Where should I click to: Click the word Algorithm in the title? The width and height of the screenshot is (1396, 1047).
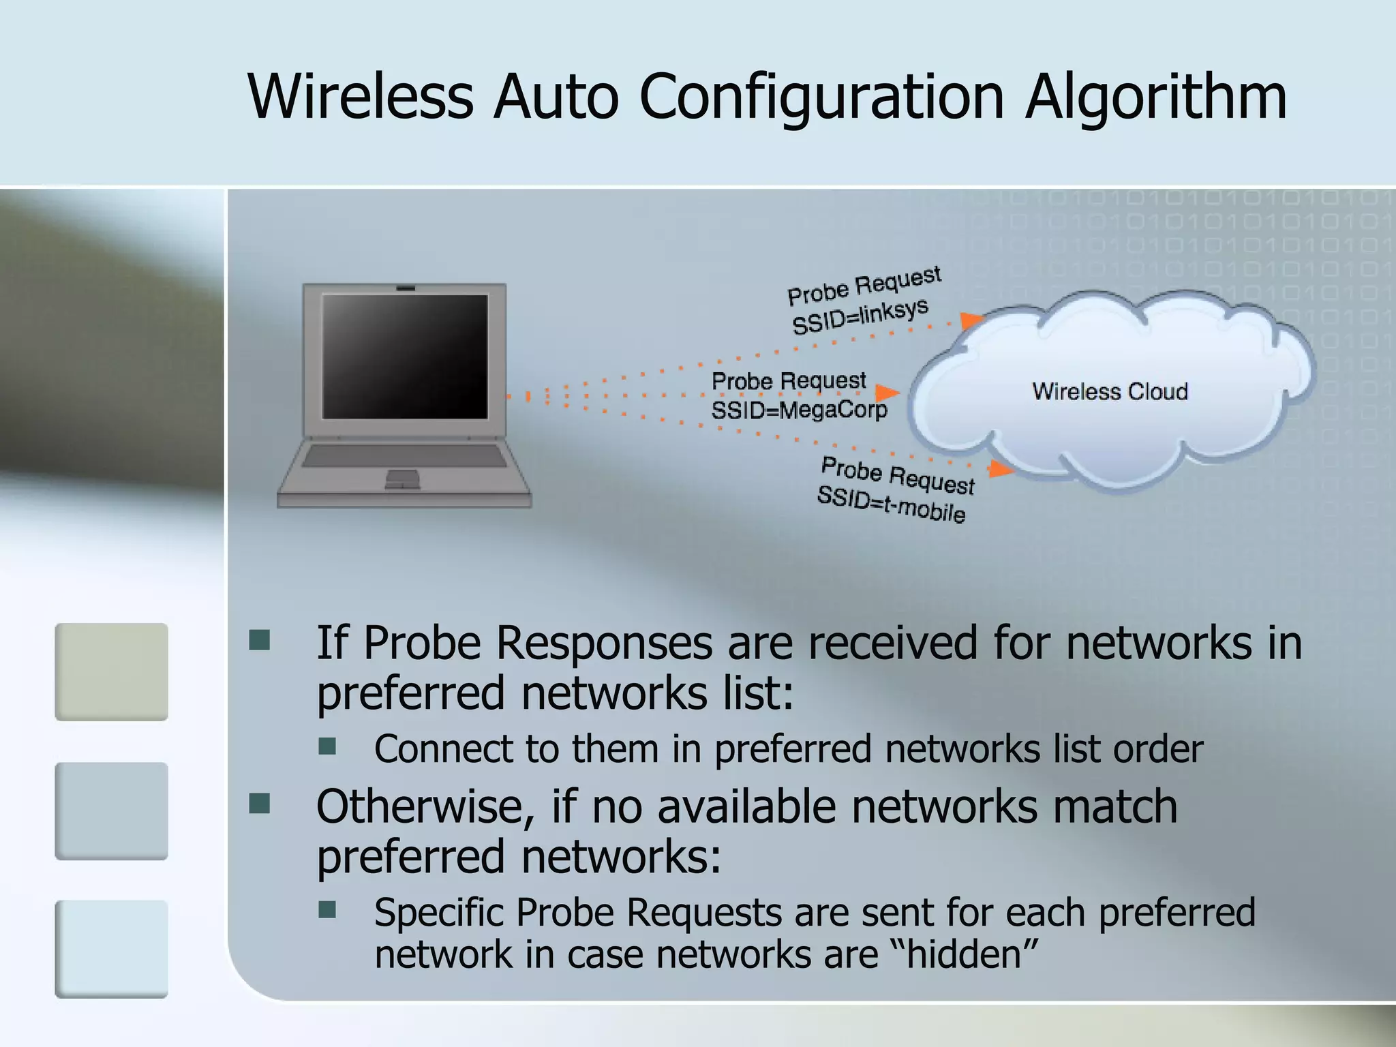1156,97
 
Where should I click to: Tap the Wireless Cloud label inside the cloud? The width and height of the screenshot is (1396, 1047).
1110,391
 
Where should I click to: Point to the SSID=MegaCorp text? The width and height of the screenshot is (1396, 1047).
799,410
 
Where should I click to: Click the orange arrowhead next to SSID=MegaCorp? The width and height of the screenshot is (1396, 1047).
886,393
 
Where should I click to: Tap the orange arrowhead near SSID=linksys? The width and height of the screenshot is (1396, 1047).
971,320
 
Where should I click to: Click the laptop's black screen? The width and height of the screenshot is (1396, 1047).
405,356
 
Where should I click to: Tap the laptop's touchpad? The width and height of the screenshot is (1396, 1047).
403,479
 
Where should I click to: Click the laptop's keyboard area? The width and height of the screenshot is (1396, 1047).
404,455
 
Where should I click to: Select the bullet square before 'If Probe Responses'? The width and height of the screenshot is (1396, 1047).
260,641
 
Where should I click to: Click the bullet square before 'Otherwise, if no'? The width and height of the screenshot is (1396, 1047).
260,804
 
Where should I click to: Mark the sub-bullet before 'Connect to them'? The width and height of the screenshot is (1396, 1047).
328,746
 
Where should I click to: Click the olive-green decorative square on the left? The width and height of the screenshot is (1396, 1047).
111,671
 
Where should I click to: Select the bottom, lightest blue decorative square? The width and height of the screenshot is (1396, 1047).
111,948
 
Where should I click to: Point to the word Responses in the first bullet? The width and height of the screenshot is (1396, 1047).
603,643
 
